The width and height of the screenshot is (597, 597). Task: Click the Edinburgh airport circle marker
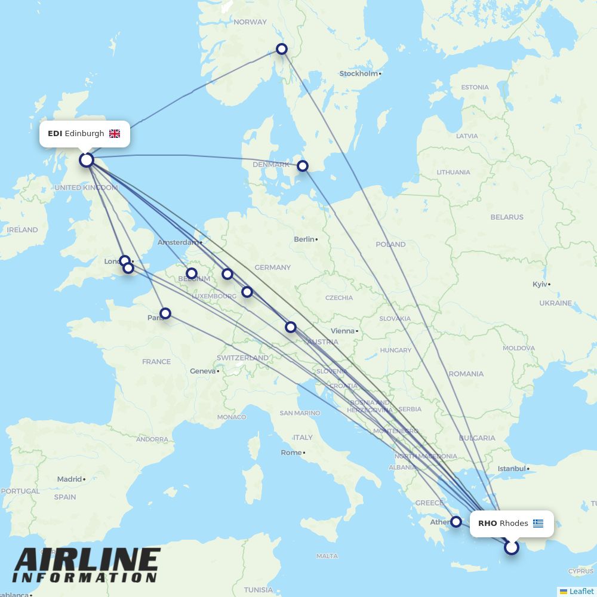click(87, 160)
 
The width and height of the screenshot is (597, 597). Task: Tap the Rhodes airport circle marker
click(512, 547)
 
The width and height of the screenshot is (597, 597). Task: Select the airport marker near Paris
click(165, 313)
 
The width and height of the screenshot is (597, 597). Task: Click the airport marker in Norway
click(282, 49)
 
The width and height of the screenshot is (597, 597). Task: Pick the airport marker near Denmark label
click(303, 166)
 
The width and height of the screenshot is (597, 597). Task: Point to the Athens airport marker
click(456, 522)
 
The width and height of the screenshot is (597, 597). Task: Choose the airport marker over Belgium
click(192, 273)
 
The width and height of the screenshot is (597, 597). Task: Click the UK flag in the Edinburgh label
click(115, 134)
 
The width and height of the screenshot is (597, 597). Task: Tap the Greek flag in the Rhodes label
click(538, 524)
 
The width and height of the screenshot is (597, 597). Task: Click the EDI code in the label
click(55, 134)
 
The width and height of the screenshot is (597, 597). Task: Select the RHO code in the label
click(487, 524)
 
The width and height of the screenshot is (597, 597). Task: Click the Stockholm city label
click(359, 74)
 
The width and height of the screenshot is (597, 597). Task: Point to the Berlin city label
click(304, 239)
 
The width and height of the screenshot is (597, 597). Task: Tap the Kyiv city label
click(540, 284)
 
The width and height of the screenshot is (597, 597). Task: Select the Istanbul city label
click(512, 469)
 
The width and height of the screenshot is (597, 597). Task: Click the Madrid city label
click(69, 479)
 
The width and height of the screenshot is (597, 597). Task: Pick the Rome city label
click(291, 453)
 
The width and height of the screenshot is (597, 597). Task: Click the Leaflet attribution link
click(581, 591)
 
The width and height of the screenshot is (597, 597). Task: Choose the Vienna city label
click(342, 331)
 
